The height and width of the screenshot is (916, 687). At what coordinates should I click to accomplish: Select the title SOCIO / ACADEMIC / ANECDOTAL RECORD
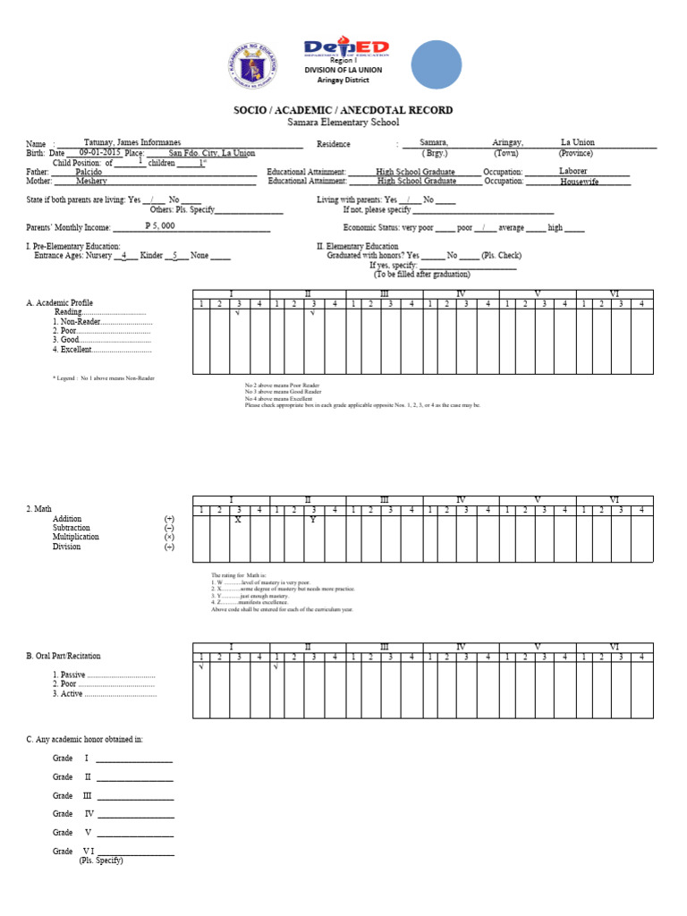tap(343, 110)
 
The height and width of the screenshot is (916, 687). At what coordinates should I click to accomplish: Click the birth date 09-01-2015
tap(99, 153)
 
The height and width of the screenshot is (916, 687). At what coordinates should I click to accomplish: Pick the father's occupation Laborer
tap(573, 171)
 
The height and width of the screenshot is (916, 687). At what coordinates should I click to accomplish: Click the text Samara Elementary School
tap(343, 123)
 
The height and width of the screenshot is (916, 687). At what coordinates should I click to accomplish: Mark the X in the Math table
tap(237, 520)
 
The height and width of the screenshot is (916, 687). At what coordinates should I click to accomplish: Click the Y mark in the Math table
tap(312, 520)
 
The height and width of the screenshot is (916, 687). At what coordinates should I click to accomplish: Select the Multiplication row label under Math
tap(76, 538)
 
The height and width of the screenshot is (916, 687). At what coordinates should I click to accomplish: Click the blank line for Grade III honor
tap(135, 796)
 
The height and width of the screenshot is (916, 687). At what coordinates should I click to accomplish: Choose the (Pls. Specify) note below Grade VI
tap(101, 861)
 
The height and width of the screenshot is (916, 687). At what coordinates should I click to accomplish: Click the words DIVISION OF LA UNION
tap(343, 69)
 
